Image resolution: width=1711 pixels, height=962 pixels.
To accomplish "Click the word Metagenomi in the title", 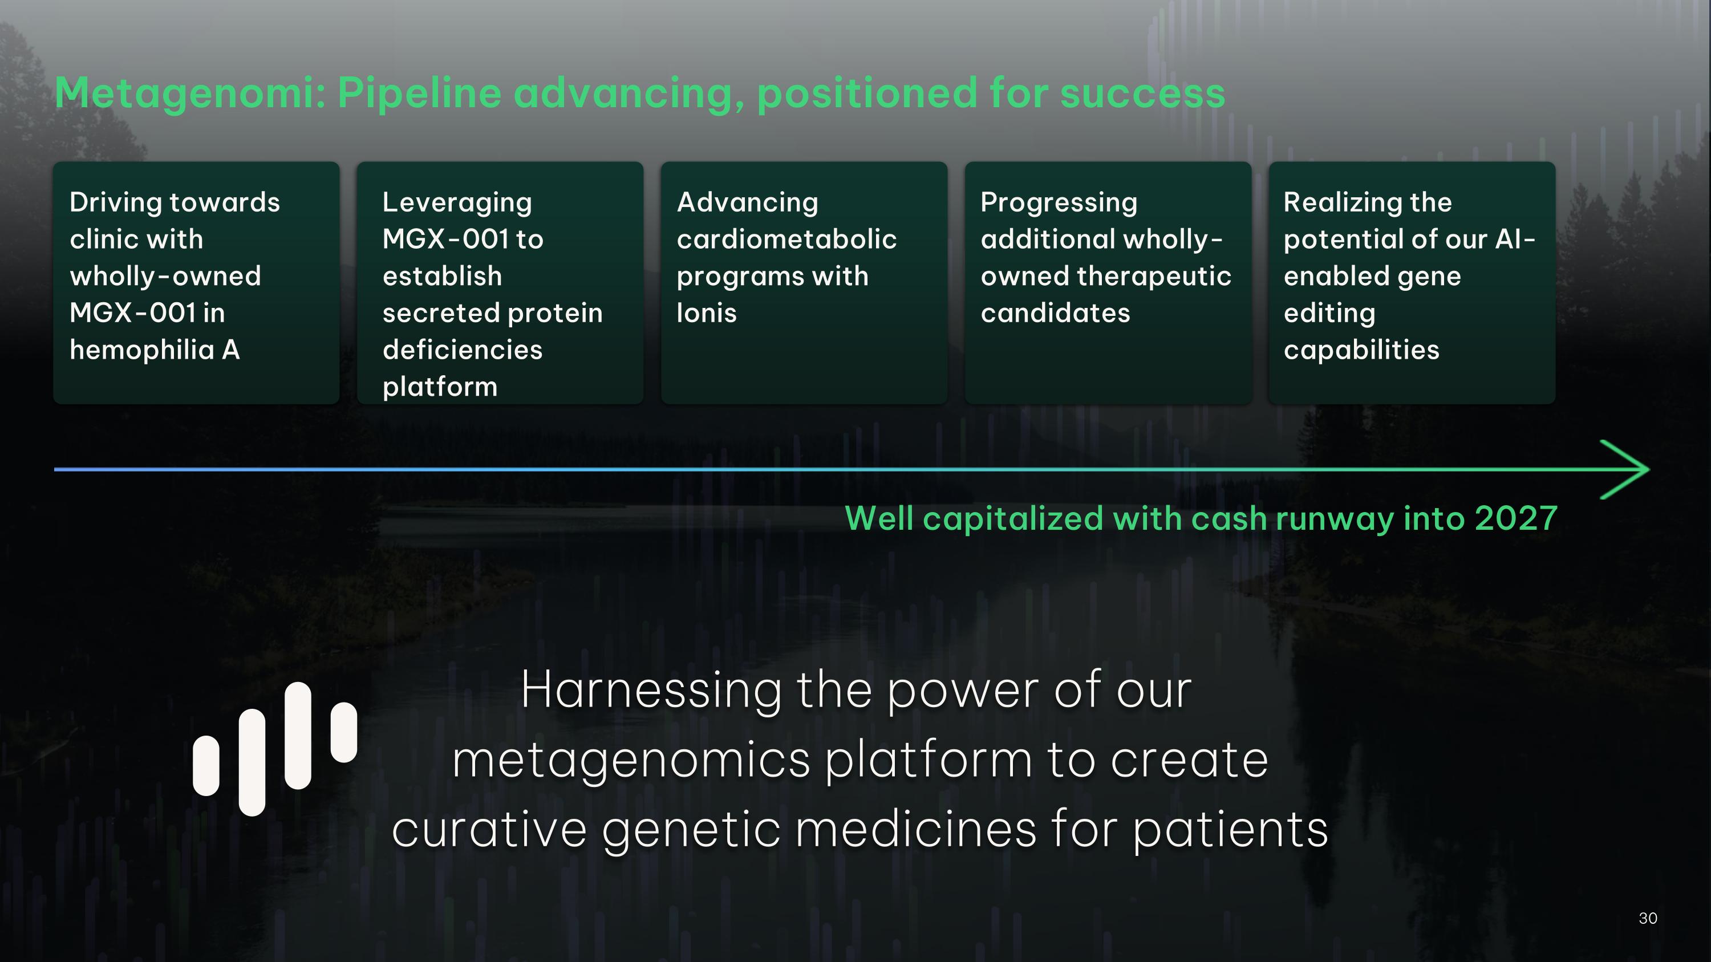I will pyautogui.click(x=190, y=93).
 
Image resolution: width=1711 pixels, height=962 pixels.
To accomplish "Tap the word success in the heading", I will pyautogui.click(x=1142, y=93).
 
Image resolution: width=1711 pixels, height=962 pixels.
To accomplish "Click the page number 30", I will pyautogui.click(x=1648, y=918).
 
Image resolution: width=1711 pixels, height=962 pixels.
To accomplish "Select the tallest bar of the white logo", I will pyautogui.click(x=298, y=736).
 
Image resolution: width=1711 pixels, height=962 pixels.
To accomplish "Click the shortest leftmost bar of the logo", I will pyautogui.click(x=206, y=765).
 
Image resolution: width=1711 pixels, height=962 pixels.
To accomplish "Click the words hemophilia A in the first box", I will pyautogui.click(x=154, y=350).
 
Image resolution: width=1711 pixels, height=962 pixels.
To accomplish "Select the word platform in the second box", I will pyautogui.click(x=440, y=387).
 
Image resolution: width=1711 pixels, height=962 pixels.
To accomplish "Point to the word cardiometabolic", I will pyautogui.click(x=786, y=240).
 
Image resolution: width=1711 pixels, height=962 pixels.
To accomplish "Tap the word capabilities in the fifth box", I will pyautogui.click(x=1361, y=350).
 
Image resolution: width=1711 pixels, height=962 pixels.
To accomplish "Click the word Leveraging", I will pyautogui.click(x=457, y=202).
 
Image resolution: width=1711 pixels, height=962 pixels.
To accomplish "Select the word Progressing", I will pyautogui.click(x=1059, y=202).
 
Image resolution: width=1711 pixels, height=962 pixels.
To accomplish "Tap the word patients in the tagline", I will pyautogui.click(x=1230, y=830).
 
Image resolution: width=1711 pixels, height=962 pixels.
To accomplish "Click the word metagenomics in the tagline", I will pyautogui.click(x=630, y=760).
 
